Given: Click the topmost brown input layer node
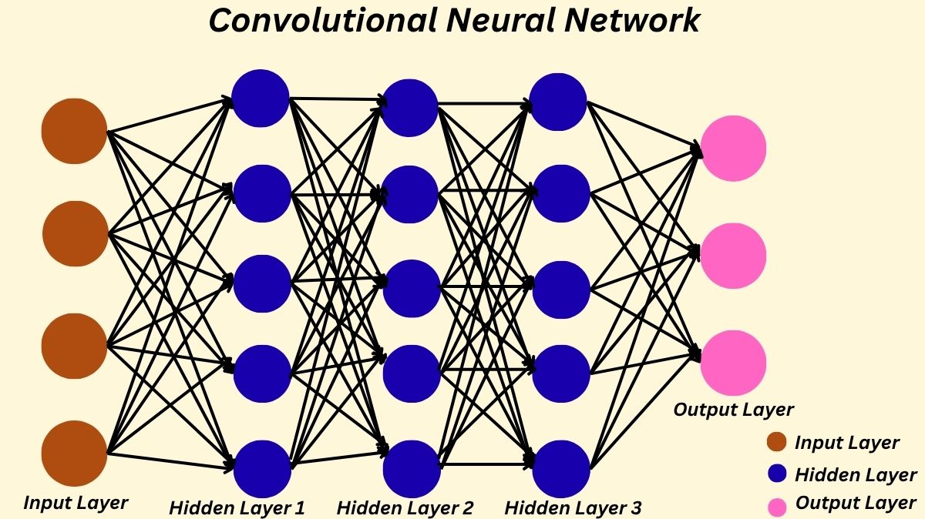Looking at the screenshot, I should tap(74, 132).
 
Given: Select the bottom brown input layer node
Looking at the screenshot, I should tap(74, 454).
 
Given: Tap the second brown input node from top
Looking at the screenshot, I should tap(75, 233).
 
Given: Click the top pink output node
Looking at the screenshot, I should tap(733, 148).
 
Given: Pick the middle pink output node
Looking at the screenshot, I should tap(733, 256).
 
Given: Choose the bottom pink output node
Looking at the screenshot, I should tap(733, 363).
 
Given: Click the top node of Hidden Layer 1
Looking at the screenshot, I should tap(261, 98).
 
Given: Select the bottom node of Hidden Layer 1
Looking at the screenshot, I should tap(262, 468).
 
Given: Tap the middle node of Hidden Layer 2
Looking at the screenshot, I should tap(411, 288).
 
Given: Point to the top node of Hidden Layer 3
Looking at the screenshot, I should tap(559, 101).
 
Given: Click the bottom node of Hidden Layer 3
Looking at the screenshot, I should tap(561, 468).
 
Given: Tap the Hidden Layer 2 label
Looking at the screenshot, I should tap(405, 507).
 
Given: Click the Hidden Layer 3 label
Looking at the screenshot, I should tap(573, 507).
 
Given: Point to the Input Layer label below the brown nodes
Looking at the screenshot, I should tap(76, 503).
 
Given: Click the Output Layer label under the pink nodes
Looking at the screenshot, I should tap(733, 410).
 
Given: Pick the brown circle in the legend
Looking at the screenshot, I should tap(776, 442).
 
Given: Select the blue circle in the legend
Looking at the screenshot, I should tap(776, 474).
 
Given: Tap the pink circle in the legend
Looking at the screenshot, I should tap(776, 506).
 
